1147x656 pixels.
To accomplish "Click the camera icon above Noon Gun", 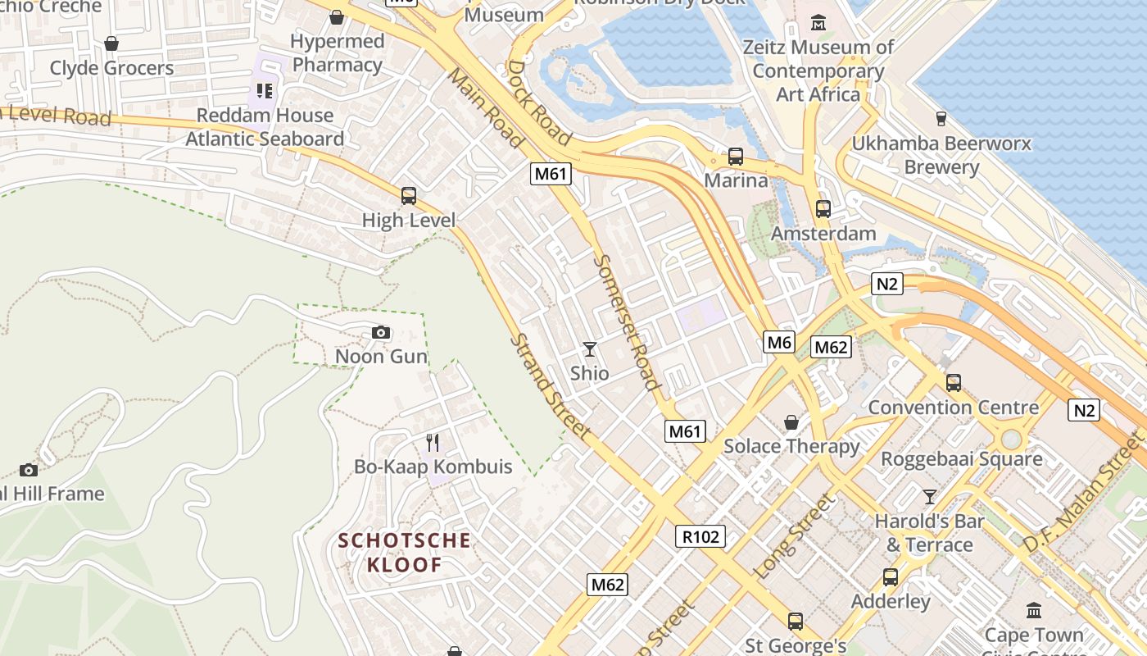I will coord(381,332).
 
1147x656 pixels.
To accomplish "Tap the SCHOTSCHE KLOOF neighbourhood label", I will coord(405,553).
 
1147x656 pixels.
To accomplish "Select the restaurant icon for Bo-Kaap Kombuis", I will coord(433,443).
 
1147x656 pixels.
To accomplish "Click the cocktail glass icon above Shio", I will coord(589,349).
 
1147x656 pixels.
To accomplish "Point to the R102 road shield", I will coord(700,536).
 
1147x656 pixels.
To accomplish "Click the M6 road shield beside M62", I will coord(778,342).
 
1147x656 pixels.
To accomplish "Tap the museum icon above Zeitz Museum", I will coord(818,22).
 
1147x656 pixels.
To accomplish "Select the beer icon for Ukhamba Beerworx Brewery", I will coord(941,119).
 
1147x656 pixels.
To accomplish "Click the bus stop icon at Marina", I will coord(736,156).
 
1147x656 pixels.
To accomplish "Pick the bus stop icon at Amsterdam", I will coord(823,209).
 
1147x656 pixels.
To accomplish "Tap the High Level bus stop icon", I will coord(408,196).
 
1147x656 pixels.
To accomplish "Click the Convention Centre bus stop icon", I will coord(953,382).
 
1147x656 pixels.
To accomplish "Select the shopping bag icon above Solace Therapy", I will coord(791,422).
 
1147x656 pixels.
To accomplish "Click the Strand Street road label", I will coord(550,385).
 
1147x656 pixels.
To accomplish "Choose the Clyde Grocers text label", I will coord(112,68).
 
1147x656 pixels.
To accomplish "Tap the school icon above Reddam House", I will coord(264,90).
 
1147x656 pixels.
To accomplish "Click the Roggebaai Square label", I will coord(961,458).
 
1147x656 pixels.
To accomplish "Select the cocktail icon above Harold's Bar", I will coord(929,497).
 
